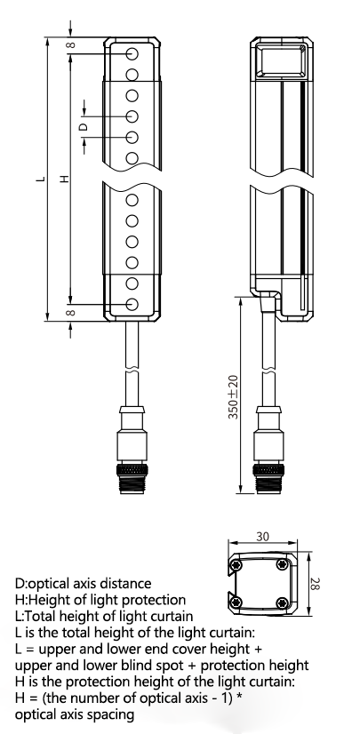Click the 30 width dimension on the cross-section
pyautogui.click(x=262, y=537)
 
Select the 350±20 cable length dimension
pyautogui.click(x=234, y=397)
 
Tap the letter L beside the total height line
pyautogui.click(x=41, y=179)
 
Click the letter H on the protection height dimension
pyautogui.click(x=65, y=179)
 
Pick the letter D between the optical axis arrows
pyautogui.click(x=82, y=126)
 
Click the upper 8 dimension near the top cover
pyautogui.click(x=71, y=45)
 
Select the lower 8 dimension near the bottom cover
pyautogui.click(x=70, y=312)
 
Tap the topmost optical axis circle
pyautogui.click(x=132, y=54)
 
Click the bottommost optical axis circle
pyautogui.click(x=132, y=304)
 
